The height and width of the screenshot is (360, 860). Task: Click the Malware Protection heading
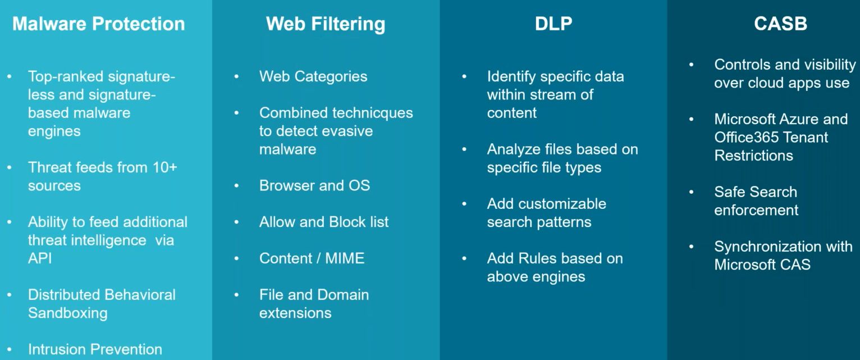[98, 24]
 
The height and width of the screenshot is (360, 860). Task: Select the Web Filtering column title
[326, 24]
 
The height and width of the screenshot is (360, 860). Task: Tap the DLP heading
[553, 24]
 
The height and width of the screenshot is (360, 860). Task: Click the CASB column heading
[780, 24]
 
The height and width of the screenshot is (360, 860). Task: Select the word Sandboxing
[67, 313]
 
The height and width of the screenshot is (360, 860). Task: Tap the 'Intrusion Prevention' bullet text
[95, 349]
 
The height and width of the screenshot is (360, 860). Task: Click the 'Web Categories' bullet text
[313, 76]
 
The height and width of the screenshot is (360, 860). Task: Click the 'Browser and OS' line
[314, 185]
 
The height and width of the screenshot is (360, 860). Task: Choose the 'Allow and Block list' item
[324, 222]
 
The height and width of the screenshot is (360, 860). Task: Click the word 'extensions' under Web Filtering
[295, 313]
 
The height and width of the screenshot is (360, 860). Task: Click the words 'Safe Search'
[756, 192]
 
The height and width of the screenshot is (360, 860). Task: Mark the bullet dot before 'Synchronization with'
[692, 247]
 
